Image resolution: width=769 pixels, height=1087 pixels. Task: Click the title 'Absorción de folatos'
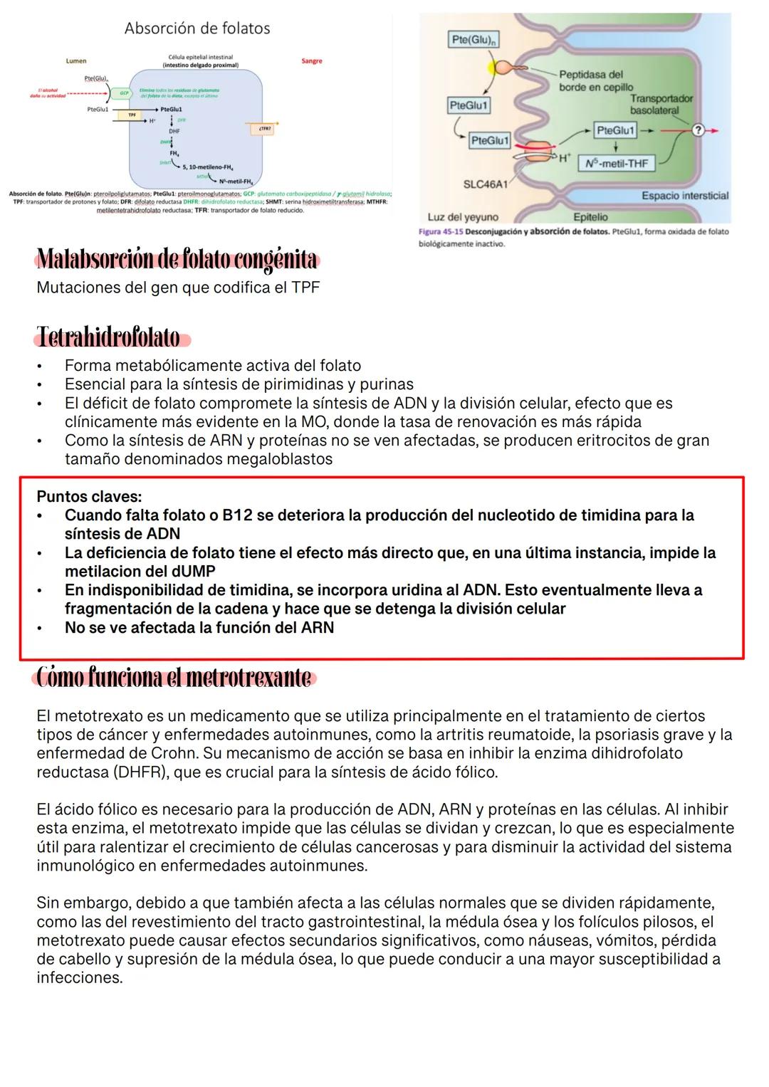(197, 28)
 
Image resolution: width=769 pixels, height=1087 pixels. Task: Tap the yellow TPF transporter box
(132, 114)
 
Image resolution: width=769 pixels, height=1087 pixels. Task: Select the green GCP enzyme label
(124, 93)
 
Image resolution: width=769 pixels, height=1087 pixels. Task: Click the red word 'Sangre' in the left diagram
(311, 61)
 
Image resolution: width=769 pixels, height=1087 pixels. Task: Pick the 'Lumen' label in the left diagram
(76, 61)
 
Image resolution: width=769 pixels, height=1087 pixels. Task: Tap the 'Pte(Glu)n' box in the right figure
(473, 40)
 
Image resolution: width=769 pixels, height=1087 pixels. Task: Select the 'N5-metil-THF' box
(617, 163)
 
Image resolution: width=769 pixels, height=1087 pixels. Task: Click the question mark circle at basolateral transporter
(698, 130)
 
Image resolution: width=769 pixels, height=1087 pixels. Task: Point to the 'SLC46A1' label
(486, 184)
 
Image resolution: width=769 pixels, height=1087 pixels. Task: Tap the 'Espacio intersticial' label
(685, 196)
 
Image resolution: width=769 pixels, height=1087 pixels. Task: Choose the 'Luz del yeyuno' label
(463, 217)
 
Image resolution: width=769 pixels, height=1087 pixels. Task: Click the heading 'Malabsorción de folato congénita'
(177, 260)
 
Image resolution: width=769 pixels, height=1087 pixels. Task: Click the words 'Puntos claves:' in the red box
(89, 496)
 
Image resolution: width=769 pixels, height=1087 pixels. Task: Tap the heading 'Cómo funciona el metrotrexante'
(174, 678)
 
